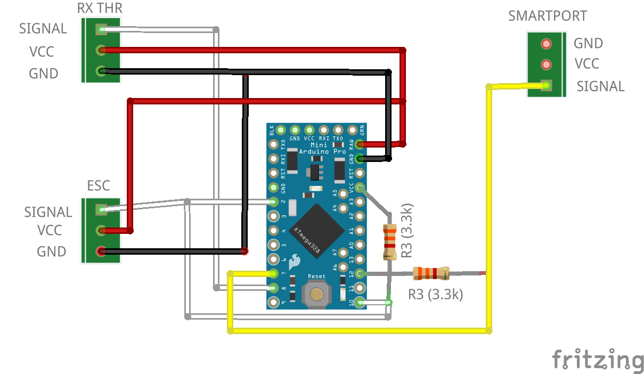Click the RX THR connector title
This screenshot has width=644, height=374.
pos(100,9)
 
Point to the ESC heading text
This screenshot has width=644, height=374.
pos(99,185)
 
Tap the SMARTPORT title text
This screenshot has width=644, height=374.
pos(548,16)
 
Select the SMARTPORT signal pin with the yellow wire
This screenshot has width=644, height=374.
pos(545,85)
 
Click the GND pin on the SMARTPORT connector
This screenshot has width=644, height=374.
pos(545,43)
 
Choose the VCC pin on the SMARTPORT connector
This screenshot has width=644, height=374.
pos(545,64)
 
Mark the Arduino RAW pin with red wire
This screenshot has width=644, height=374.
pos(361,144)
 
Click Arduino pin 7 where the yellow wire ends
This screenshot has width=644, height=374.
pos(274,274)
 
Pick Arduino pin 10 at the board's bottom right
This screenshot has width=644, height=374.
pos(361,303)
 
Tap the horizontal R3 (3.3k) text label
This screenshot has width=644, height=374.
pos(435,294)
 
